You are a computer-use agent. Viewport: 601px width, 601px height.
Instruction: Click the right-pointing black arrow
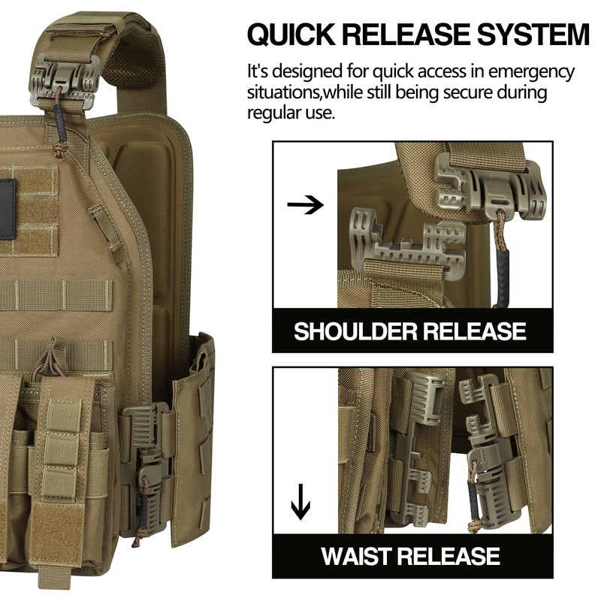(304, 205)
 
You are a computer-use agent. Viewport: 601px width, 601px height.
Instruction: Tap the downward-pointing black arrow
(300, 501)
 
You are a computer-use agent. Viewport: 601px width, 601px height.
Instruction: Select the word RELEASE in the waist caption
(449, 556)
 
